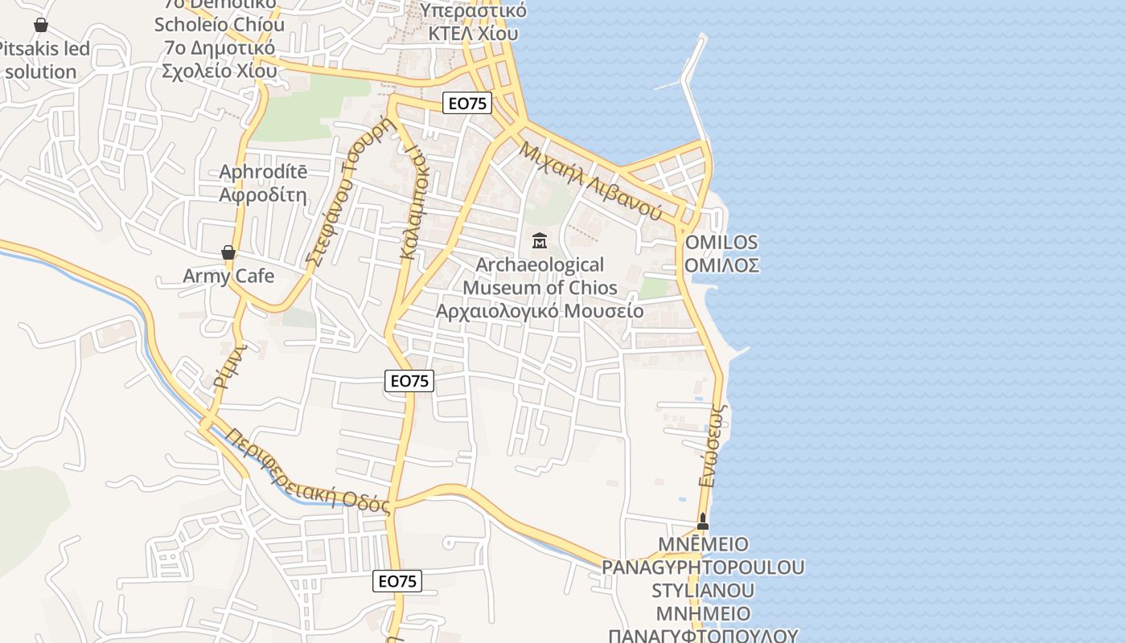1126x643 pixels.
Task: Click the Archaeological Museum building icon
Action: (539, 240)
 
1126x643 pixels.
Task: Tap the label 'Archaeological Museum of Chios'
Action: (540, 276)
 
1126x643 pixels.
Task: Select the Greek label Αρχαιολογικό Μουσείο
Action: (540, 311)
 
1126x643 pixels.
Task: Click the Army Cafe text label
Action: (228, 276)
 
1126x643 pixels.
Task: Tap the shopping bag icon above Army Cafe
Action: (228, 253)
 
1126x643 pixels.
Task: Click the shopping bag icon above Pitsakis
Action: (41, 26)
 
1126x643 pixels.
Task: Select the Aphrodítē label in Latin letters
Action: (263, 172)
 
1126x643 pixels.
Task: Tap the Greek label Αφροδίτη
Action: (263, 195)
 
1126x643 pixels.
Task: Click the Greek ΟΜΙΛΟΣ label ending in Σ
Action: (721, 265)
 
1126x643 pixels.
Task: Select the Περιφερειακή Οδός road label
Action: (308, 471)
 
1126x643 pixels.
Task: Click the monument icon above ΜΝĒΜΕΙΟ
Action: (703, 522)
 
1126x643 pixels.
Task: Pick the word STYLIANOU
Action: (703, 591)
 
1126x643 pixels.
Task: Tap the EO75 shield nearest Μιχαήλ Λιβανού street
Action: (467, 103)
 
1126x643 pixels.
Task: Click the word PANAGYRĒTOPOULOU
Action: (703, 567)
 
